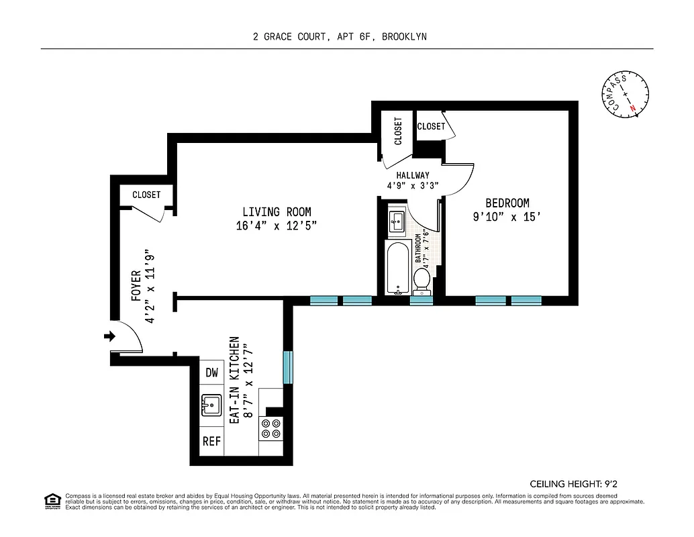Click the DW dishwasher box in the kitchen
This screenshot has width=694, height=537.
tap(212, 372)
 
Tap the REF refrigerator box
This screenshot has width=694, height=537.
tap(212, 441)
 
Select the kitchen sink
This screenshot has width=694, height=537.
tap(212, 405)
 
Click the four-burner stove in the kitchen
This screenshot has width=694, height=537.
tap(272, 428)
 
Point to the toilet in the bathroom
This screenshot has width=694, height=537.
tap(422, 280)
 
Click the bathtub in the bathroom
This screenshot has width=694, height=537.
tap(397, 268)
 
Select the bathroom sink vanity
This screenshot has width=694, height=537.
tap(397, 221)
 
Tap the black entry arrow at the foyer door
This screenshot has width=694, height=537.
tap(109, 336)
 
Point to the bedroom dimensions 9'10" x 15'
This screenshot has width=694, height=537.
tap(507, 217)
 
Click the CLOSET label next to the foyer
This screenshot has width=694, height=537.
tap(146, 195)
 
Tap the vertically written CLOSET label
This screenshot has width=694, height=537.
tap(399, 131)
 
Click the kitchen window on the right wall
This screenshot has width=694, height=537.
tap(288, 367)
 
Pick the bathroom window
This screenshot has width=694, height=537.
tap(422, 301)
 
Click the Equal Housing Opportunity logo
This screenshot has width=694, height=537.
tap(51, 500)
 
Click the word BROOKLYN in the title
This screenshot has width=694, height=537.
tap(404, 37)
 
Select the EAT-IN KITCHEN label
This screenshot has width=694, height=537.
tap(234, 379)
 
